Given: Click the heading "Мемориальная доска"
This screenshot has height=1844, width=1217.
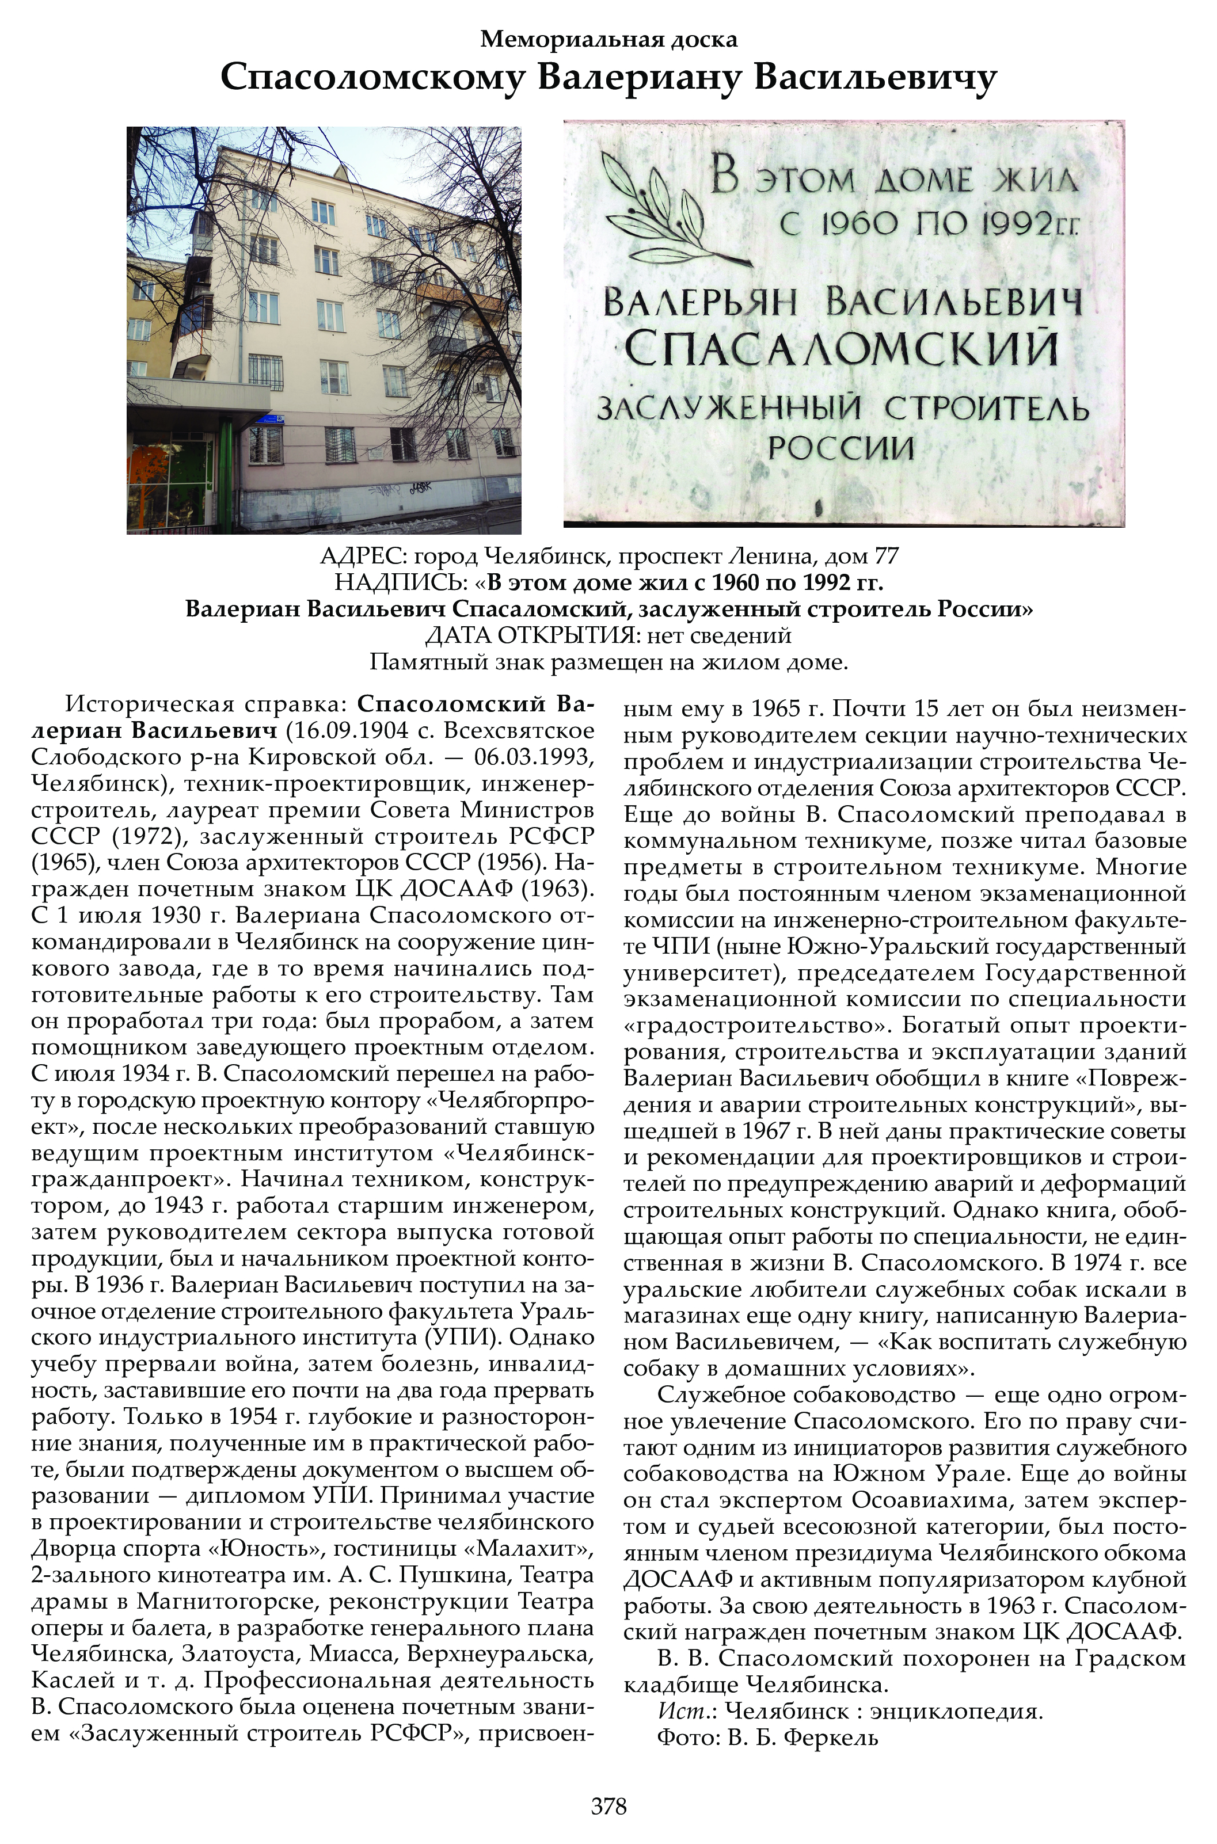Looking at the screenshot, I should (x=608, y=39).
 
